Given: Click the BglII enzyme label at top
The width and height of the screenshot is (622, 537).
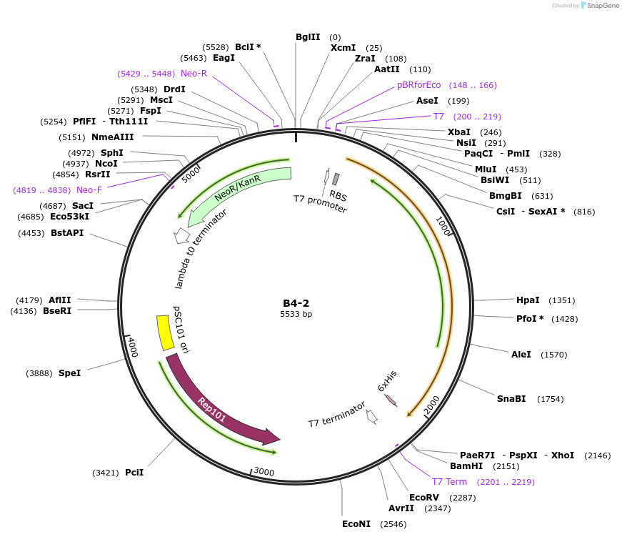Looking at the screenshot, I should click(308, 37).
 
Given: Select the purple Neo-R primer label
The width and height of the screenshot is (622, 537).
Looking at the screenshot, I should click(194, 74).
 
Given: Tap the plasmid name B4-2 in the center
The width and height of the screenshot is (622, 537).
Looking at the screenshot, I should click(296, 302).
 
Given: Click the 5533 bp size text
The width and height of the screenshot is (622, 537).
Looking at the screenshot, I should click(296, 314).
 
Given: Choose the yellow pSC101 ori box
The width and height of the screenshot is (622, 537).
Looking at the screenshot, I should click(165, 333).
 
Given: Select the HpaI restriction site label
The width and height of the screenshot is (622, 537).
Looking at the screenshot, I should click(528, 300).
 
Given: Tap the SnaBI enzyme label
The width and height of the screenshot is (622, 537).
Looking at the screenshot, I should click(511, 399).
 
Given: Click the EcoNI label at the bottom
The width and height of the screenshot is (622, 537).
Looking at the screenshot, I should click(356, 524).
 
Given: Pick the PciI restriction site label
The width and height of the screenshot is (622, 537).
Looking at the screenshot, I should click(134, 473).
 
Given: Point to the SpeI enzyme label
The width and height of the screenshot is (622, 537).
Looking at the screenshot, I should click(69, 373).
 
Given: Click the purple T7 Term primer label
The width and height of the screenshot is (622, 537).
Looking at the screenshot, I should click(449, 482).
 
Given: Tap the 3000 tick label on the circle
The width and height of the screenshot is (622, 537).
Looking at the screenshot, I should click(264, 472).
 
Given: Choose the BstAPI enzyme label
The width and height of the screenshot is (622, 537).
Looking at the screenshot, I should click(66, 233).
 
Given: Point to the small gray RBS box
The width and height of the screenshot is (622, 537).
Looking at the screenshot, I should click(336, 179).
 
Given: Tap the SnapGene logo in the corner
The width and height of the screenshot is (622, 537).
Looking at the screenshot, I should click(599, 6).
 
